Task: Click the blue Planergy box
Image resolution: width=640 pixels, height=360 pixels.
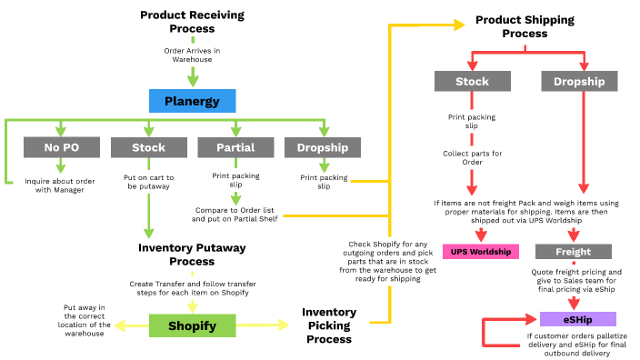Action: [x=192, y=100]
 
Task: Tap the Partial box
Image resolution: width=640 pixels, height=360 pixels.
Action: [x=235, y=147]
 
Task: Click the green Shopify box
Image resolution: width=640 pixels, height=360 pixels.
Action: [x=192, y=325]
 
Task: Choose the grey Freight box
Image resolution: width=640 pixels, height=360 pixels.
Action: [x=573, y=252]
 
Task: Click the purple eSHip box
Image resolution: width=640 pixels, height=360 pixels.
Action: [x=577, y=319]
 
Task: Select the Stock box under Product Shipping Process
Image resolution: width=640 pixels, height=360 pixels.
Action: [x=472, y=82]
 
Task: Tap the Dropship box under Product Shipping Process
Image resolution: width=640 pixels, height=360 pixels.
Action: [x=579, y=82]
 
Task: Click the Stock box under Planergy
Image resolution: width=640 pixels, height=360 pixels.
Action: [x=148, y=147]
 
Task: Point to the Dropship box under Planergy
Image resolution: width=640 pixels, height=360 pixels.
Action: [x=323, y=147]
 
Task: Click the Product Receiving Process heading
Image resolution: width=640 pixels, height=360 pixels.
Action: [x=192, y=22]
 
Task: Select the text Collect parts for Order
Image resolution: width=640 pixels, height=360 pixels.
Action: [x=472, y=159]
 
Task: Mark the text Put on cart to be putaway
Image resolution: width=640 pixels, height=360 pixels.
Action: [x=148, y=182]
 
